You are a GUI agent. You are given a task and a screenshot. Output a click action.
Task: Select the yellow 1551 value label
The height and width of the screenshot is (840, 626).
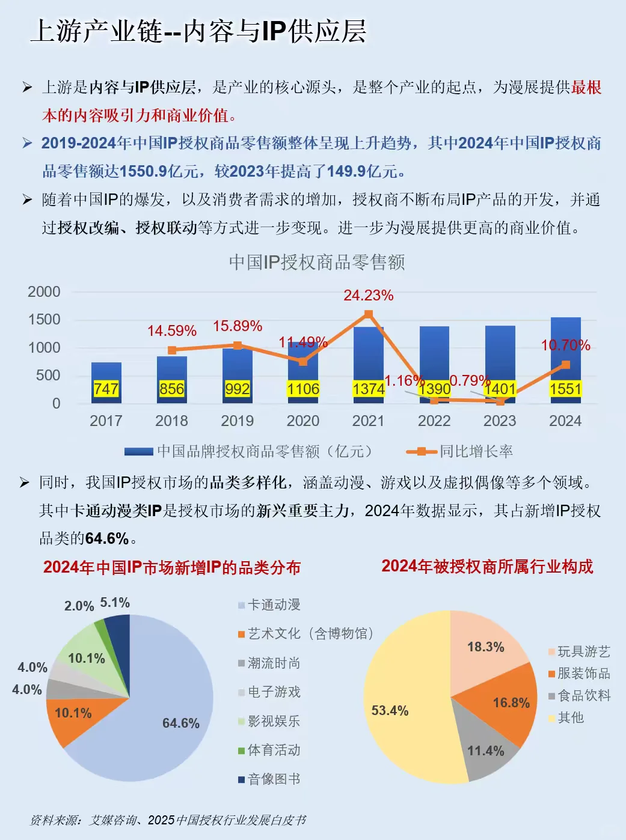tap(565, 389)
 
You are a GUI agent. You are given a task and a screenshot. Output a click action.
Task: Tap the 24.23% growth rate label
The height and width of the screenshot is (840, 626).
tap(368, 296)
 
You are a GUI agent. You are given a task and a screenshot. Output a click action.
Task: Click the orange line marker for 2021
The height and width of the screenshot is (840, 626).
tap(369, 314)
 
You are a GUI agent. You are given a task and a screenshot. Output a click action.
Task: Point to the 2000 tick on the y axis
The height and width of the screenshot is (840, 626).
tap(44, 292)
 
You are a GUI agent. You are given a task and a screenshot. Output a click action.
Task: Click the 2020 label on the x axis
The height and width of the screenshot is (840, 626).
tap(302, 421)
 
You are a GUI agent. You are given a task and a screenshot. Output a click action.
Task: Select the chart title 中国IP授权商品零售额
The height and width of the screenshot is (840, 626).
tap(316, 263)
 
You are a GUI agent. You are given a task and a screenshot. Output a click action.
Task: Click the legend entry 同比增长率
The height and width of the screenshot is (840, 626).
tap(476, 451)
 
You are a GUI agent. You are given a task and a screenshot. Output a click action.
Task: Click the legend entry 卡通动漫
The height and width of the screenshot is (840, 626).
tap(274, 605)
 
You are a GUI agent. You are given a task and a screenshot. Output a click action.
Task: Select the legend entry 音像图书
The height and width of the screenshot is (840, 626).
tap(274, 779)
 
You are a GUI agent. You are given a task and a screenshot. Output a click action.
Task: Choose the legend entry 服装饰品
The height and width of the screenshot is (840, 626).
tap(583, 674)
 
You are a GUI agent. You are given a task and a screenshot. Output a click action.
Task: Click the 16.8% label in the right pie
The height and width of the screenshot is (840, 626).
tap(511, 703)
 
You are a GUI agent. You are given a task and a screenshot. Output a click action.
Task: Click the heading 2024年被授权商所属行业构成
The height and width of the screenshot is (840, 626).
tap(487, 567)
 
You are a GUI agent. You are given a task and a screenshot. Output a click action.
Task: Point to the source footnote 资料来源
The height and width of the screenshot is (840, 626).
tap(168, 820)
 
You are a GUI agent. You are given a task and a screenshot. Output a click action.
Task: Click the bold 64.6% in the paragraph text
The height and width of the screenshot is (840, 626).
tap(107, 538)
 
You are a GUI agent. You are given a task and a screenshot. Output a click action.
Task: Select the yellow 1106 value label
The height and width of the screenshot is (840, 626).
tap(302, 389)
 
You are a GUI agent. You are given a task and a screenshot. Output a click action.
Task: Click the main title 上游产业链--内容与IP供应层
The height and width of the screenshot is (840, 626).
tap(198, 31)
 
